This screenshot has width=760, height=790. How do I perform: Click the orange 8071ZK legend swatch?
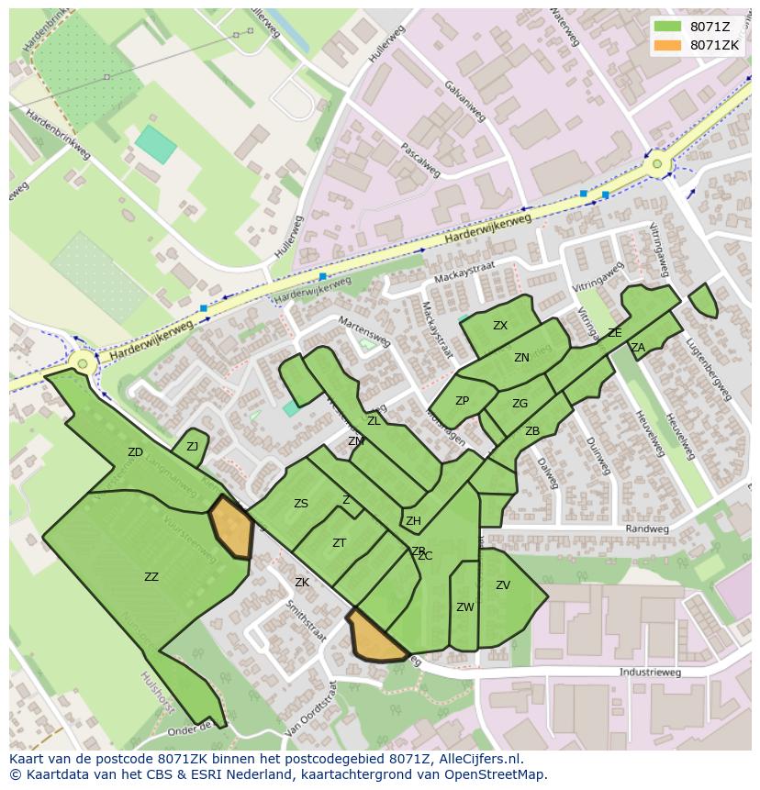click(x=668, y=45)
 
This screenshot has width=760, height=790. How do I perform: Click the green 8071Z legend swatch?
click(x=668, y=27)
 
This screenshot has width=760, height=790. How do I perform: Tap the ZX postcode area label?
click(x=500, y=326)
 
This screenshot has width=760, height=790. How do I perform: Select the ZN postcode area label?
click(x=521, y=358)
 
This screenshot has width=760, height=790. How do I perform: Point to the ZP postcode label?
click(x=462, y=401)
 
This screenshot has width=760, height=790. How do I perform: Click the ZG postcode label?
click(x=520, y=404)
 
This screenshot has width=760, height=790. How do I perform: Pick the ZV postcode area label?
click(x=503, y=585)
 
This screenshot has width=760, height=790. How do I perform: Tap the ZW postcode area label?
click(x=465, y=607)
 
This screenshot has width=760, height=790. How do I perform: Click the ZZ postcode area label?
click(x=151, y=577)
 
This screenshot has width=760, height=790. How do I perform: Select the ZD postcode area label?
click(x=135, y=452)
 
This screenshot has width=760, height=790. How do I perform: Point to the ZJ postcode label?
click(x=192, y=447)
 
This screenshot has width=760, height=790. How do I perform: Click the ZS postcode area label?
click(x=301, y=504)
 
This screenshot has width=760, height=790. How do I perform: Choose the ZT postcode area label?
click(x=339, y=543)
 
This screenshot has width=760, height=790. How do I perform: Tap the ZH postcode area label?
click(x=413, y=521)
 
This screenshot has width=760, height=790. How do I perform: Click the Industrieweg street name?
click(x=650, y=673)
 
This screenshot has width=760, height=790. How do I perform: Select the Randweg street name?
click(x=642, y=529)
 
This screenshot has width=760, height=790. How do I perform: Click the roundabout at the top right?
click(x=657, y=165)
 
